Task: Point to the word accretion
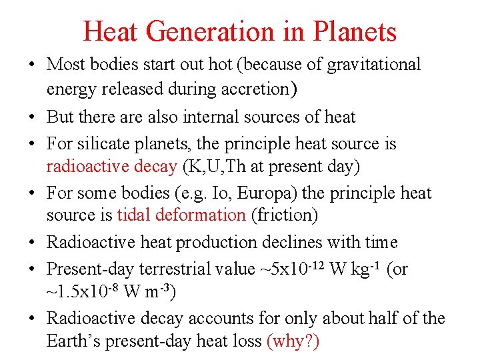pyautogui.click(x=259, y=87)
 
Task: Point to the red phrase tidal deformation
pyautogui.click(x=181, y=215)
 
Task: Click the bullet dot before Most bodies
pyautogui.click(x=33, y=65)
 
